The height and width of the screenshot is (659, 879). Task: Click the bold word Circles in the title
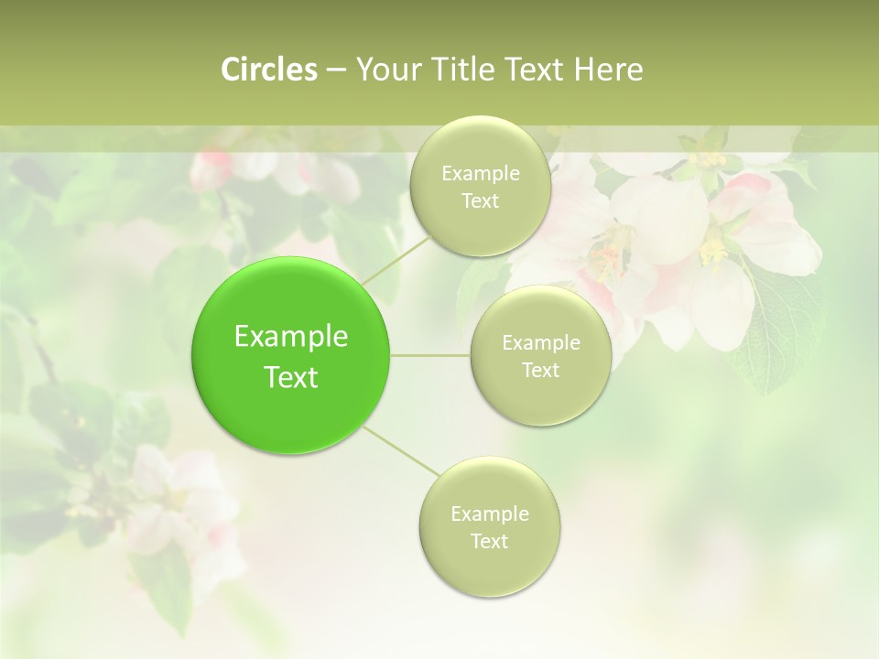[269, 70]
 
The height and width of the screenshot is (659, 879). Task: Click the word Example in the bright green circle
[291, 337]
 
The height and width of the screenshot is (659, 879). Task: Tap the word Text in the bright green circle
[291, 377]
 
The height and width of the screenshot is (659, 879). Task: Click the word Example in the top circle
[481, 174]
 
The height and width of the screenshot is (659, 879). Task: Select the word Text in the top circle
[480, 201]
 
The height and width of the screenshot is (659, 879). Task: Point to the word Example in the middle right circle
[541, 343]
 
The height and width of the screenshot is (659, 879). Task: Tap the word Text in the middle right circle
[540, 371]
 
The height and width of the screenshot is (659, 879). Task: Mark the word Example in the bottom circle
[490, 514]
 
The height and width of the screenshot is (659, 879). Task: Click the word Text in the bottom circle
[489, 542]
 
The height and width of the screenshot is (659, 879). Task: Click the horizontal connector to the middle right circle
[430, 354]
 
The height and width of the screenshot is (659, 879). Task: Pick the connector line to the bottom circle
[399, 450]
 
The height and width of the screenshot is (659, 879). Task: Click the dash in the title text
[335, 70]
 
